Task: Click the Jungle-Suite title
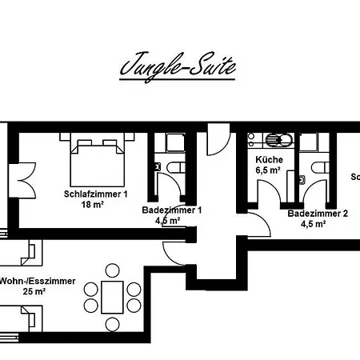click(178, 67)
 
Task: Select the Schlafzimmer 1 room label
click(96, 194)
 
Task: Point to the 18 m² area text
click(93, 205)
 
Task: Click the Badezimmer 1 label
click(171, 210)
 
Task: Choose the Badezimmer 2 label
click(318, 214)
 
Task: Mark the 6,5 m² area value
click(268, 170)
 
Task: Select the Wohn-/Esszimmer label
click(38, 281)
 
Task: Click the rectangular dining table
click(114, 295)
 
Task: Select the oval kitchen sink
click(278, 141)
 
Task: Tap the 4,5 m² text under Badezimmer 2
click(314, 224)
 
